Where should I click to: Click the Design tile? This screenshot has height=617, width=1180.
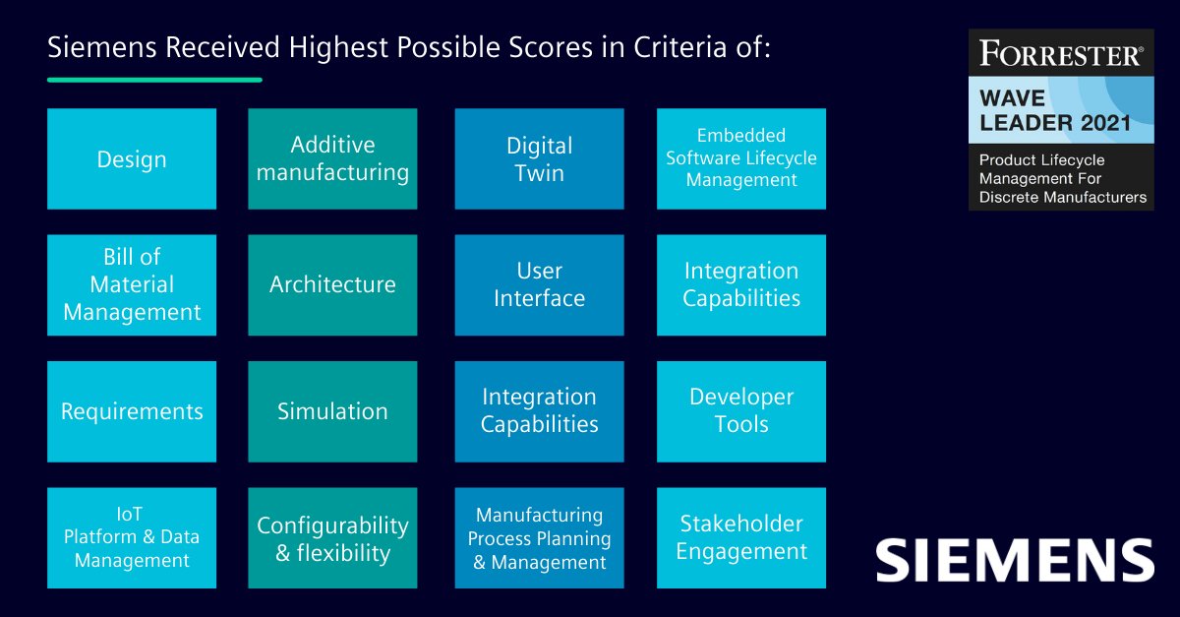(132, 158)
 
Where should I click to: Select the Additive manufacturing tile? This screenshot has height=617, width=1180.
(332, 158)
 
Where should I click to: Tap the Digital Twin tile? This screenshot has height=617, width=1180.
(539, 158)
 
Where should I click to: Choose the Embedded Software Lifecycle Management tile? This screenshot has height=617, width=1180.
(741, 158)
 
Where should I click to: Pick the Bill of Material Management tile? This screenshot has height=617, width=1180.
(132, 284)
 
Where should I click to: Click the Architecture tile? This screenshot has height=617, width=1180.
(332, 284)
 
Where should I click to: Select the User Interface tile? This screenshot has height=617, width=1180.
(539, 284)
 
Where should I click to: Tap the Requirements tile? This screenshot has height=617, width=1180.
(132, 411)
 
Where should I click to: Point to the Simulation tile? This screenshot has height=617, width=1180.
(332, 411)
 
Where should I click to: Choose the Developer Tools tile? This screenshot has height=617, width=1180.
(741, 411)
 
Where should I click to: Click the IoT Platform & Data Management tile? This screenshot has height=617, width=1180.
(132, 537)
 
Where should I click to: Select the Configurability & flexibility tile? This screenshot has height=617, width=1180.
(332, 537)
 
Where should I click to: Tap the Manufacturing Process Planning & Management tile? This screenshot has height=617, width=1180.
(539, 537)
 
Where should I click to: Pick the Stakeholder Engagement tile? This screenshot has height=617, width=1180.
(741, 537)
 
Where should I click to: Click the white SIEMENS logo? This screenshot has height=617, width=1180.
(1015, 559)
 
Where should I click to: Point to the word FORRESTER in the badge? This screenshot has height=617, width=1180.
(1060, 55)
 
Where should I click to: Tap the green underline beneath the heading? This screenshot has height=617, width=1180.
(154, 79)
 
